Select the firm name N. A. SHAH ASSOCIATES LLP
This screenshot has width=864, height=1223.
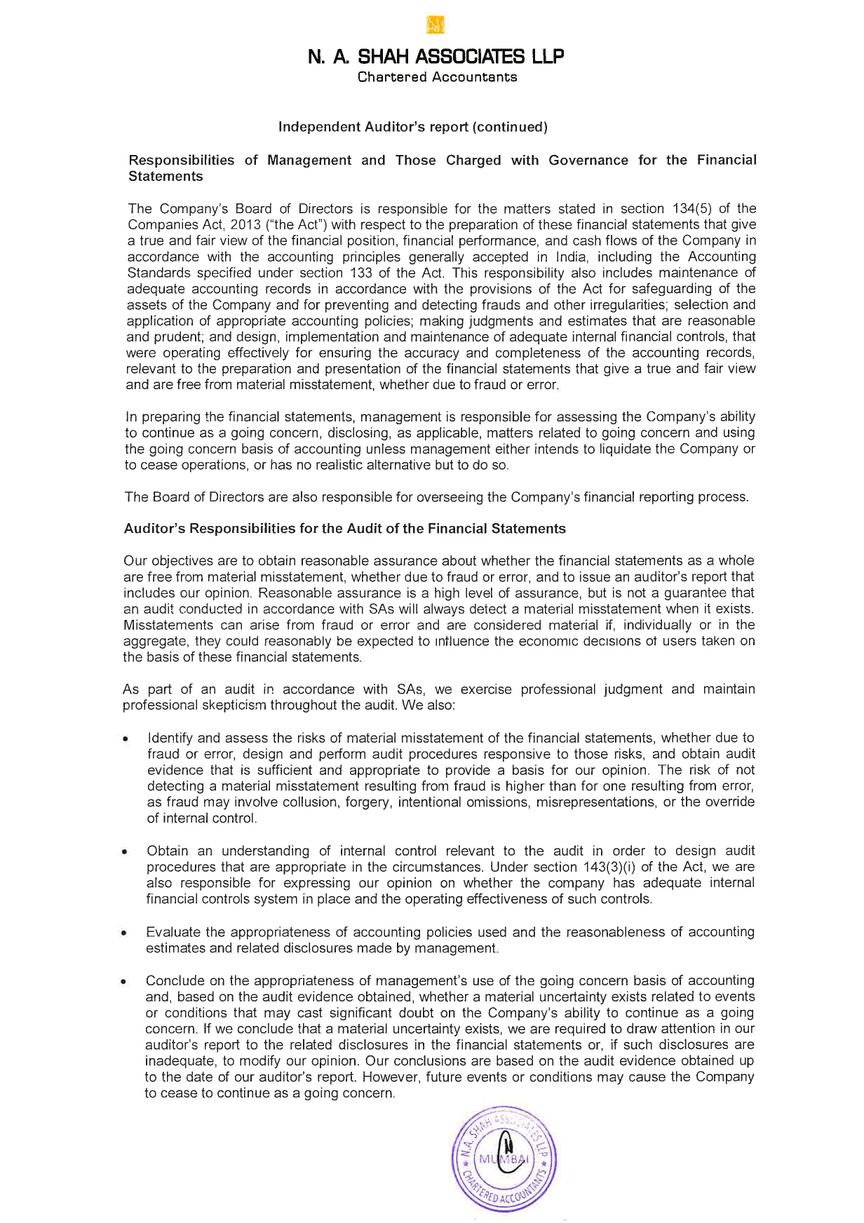(x=436, y=56)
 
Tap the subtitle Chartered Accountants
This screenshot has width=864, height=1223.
(x=437, y=77)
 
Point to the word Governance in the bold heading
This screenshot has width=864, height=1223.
(x=588, y=160)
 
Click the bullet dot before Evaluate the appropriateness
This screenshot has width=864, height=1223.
(x=124, y=933)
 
